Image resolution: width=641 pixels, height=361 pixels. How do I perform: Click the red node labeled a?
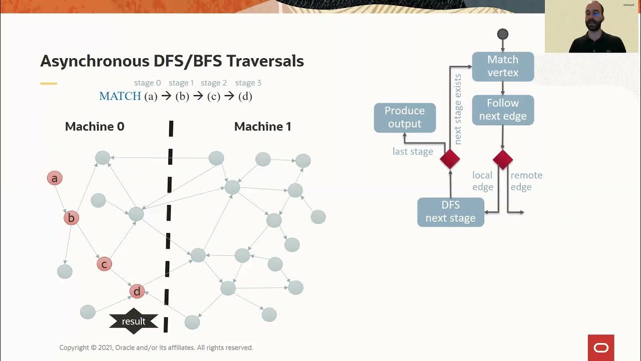(x=55, y=178)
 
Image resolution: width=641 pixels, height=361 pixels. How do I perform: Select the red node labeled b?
(x=71, y=218)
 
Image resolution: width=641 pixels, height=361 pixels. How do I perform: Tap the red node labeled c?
(x=104, y=264)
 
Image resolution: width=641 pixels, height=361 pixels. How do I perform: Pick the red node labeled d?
(x=137, y=291)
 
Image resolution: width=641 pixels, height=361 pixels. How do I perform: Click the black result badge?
(x=134, y=321)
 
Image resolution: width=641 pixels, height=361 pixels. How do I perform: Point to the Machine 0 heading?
(x=95, y=127)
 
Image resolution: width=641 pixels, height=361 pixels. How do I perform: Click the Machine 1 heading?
(x=262, y=127)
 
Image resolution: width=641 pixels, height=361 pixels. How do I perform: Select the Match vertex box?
(x=503, y=66)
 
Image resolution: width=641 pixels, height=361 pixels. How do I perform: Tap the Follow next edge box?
(x=503, y=110)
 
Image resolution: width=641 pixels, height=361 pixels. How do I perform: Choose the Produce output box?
(x=405, y=117)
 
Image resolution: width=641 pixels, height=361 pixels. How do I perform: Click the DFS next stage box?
(x=451, y=212)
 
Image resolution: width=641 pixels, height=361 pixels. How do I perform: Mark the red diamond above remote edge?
(x=503, y=159)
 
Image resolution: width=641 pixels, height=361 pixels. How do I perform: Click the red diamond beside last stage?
(x=450, y=159)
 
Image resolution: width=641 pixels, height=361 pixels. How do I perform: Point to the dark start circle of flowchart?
(x=503, y=34)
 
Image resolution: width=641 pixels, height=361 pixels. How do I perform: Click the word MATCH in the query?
(x=120, y=96)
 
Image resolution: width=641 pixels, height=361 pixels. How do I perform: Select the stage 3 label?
(x=248, y=83)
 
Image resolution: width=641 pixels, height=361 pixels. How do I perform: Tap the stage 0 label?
(x=147, y=83)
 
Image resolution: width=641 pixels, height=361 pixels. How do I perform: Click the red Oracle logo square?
(x=601, y=347)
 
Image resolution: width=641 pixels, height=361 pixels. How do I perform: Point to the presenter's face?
(x=594, y=15)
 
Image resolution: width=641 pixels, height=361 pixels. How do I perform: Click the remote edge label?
(x=526, y=181)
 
